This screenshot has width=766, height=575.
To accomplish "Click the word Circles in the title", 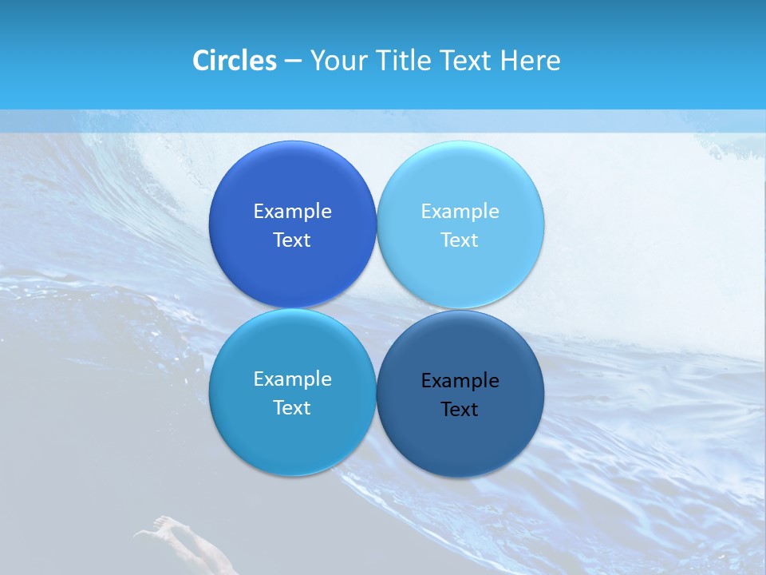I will tap(234, 61).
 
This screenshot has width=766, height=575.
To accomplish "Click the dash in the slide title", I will tap(293, 61).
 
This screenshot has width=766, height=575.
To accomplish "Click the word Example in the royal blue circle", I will tap(292, 212).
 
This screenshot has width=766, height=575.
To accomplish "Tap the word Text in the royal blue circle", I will tap(292, 240).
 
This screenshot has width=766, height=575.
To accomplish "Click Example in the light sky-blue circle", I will tap(460, 212).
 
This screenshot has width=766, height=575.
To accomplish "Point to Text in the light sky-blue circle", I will tap(460, 240).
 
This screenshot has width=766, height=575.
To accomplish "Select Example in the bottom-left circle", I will tap(292, 379).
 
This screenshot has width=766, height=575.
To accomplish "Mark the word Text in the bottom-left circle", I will tap(292, 408).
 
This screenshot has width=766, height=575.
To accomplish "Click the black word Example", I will tap(460, 381).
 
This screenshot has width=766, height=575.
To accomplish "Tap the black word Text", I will tap(460, 410).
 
